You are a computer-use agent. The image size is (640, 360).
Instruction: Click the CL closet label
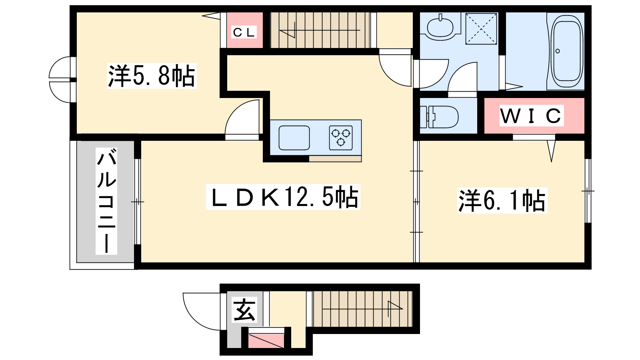coord(244,32)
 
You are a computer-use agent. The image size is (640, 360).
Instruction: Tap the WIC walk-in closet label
coord(531,116)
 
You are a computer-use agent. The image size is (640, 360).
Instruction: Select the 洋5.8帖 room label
coord(152,76)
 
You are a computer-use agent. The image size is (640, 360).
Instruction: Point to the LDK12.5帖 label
coord(283,197)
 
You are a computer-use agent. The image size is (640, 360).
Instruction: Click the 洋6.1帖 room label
coord(502,200)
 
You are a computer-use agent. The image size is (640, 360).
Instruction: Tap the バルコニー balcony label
coord(106,201)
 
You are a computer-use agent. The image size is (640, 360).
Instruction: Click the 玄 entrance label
coord(244,310)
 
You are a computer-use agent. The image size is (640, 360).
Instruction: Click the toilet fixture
coord(440,116)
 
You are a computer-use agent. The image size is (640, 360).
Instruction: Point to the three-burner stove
coord(340,138)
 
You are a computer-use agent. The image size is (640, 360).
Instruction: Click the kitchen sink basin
coord(294,138)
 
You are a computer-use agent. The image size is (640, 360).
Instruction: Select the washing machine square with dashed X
coord(481,28)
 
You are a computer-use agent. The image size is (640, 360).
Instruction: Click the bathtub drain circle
coord(558,51)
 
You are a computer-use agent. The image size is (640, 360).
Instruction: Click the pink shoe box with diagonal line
coord(266,341)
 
